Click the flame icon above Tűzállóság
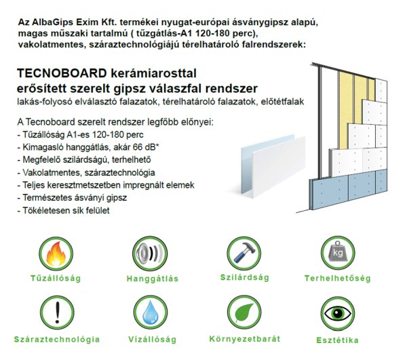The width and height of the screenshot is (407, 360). click(56, 254)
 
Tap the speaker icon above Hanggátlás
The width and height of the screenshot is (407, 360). click(150, 254)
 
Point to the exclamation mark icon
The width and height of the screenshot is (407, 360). click(58, 313)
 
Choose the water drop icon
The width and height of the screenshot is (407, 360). click(151, 313)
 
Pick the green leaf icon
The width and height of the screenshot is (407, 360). click(244, 313)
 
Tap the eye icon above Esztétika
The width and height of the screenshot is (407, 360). click(337, 314)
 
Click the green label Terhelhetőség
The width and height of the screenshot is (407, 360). click(337, 279)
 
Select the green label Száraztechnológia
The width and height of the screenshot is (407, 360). click(57, 340)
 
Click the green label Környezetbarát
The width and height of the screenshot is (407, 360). click(245, 339)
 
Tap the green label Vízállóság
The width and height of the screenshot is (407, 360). click(153, 340)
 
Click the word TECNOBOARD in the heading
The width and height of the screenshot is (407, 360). click(62, 73)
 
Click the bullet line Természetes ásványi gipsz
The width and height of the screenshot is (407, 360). click(72, 198)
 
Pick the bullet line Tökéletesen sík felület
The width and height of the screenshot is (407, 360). click(64, 210)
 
